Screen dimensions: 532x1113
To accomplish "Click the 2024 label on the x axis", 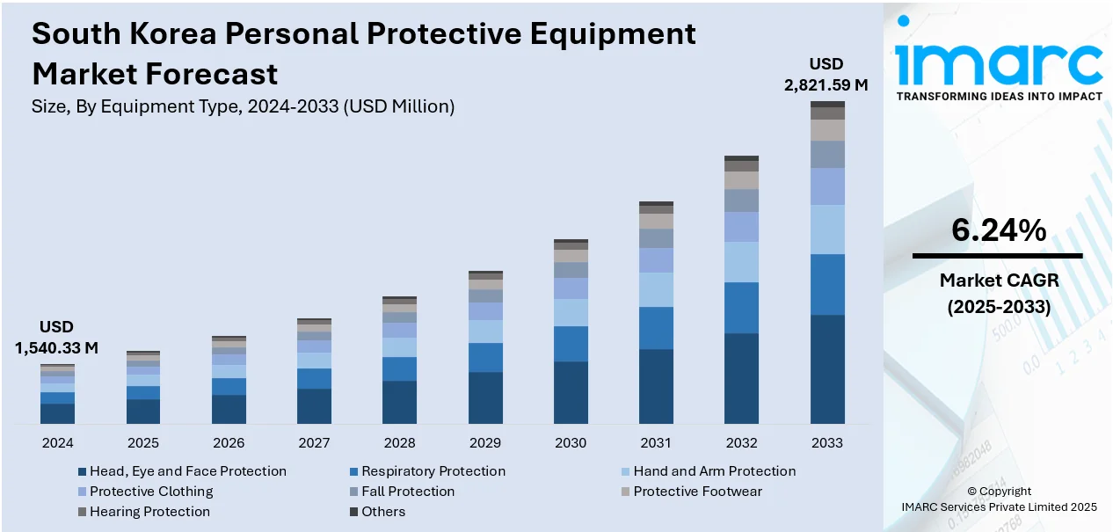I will pyautogui.click(x=57, y=442).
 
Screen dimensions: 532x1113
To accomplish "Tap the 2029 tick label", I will pyautogui.click(x=485, y=442).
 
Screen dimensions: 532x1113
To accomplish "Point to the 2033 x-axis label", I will pyautogui.click(x=827, y=442).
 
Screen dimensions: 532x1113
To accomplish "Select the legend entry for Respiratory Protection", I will pyautogui.click(x=433, y=471).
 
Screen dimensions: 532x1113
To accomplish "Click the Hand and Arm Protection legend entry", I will pyautogui.click(x=714, y=471).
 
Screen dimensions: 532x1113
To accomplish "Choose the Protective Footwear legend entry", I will pyautogui.click(x=697, y=492).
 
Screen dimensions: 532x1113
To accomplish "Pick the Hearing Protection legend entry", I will pyautogui.click(x=149, y=512).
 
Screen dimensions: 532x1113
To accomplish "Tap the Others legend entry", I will pyautogui.click(x=383, y=512).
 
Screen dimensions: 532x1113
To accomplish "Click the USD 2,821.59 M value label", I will pyautogui.click(x=826, y=75).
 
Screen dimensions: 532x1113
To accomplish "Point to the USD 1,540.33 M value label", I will pyautogui.click(x=56, y=338).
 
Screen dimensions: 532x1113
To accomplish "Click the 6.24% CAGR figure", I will pyautogui.click(x=998, y=230).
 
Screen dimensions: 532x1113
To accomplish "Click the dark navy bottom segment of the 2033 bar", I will pyautogui.click(x=827, y=369).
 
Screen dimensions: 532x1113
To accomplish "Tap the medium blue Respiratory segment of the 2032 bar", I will pyautogui.click(x=741, y=308).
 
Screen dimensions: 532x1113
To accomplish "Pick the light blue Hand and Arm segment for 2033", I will pyautogui.click(x=827, y=230).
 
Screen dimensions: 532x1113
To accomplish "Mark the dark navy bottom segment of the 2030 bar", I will pyautogui.click(x=571, y=393).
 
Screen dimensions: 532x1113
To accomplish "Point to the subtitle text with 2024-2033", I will pyautogui.click(x=243, y=107).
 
